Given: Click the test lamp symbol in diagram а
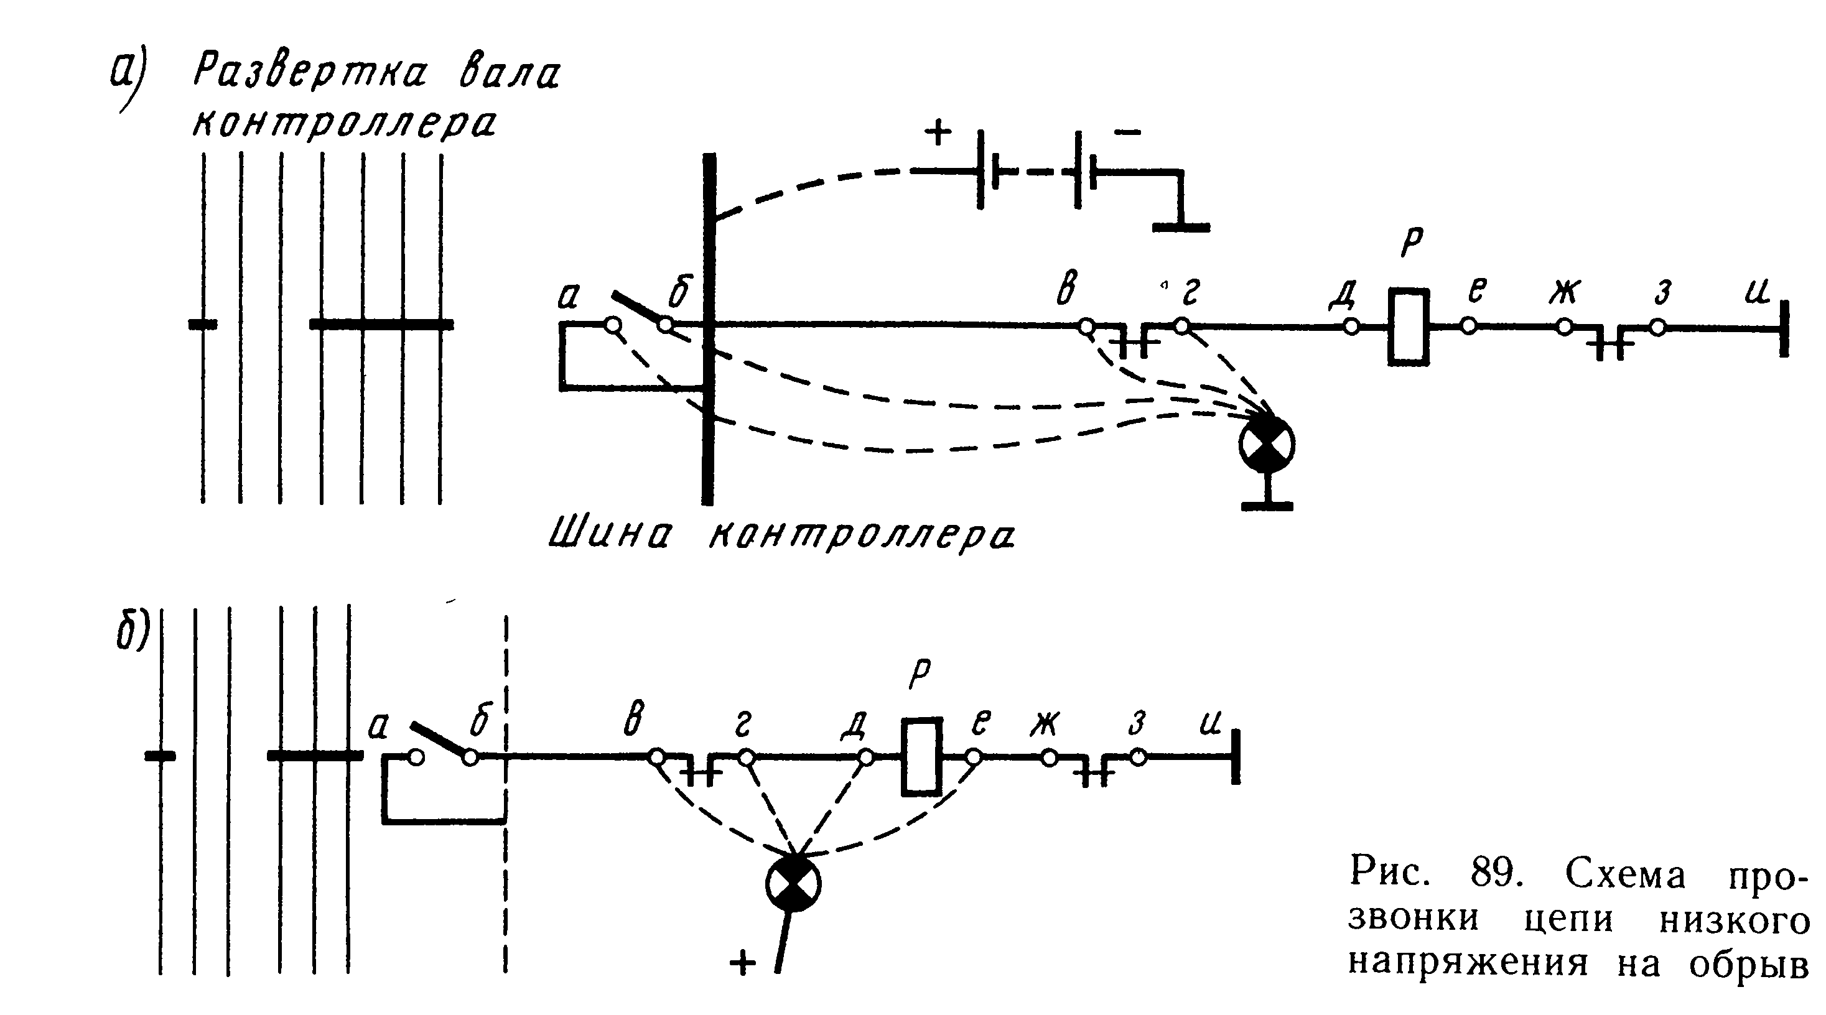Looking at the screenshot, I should coord(1266,443).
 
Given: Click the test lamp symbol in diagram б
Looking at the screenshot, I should coord(793,883).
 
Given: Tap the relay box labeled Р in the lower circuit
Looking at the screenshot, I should coord(921,757).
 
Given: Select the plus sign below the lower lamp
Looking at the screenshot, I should coord(742,963).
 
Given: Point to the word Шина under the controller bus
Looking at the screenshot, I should coord(610,533).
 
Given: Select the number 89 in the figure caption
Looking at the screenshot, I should coord(1496,873).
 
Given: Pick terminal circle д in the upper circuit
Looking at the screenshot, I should coord(1351,327).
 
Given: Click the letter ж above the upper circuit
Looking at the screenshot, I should coord(1563,290).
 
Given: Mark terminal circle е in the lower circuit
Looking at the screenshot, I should coord(974,758).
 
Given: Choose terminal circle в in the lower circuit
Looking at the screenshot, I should coord(656,758).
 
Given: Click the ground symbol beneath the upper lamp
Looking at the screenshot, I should coord(1267,504).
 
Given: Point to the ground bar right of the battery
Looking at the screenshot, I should coord(1181,227).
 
